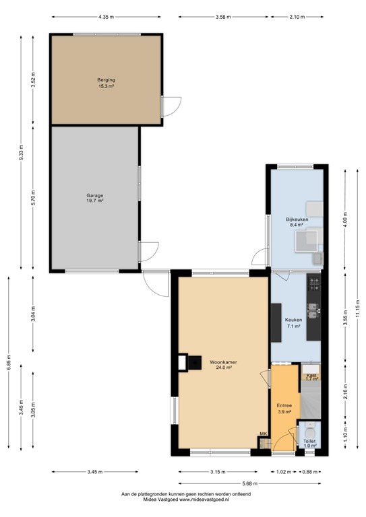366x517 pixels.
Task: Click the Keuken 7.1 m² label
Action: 293,323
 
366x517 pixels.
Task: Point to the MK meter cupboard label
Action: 262,434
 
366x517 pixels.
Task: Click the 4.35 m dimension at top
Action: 106,17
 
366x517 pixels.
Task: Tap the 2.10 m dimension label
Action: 297,17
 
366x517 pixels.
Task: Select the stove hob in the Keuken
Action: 313,285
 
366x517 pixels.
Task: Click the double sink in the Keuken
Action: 313,310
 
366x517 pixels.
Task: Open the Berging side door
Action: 171,106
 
